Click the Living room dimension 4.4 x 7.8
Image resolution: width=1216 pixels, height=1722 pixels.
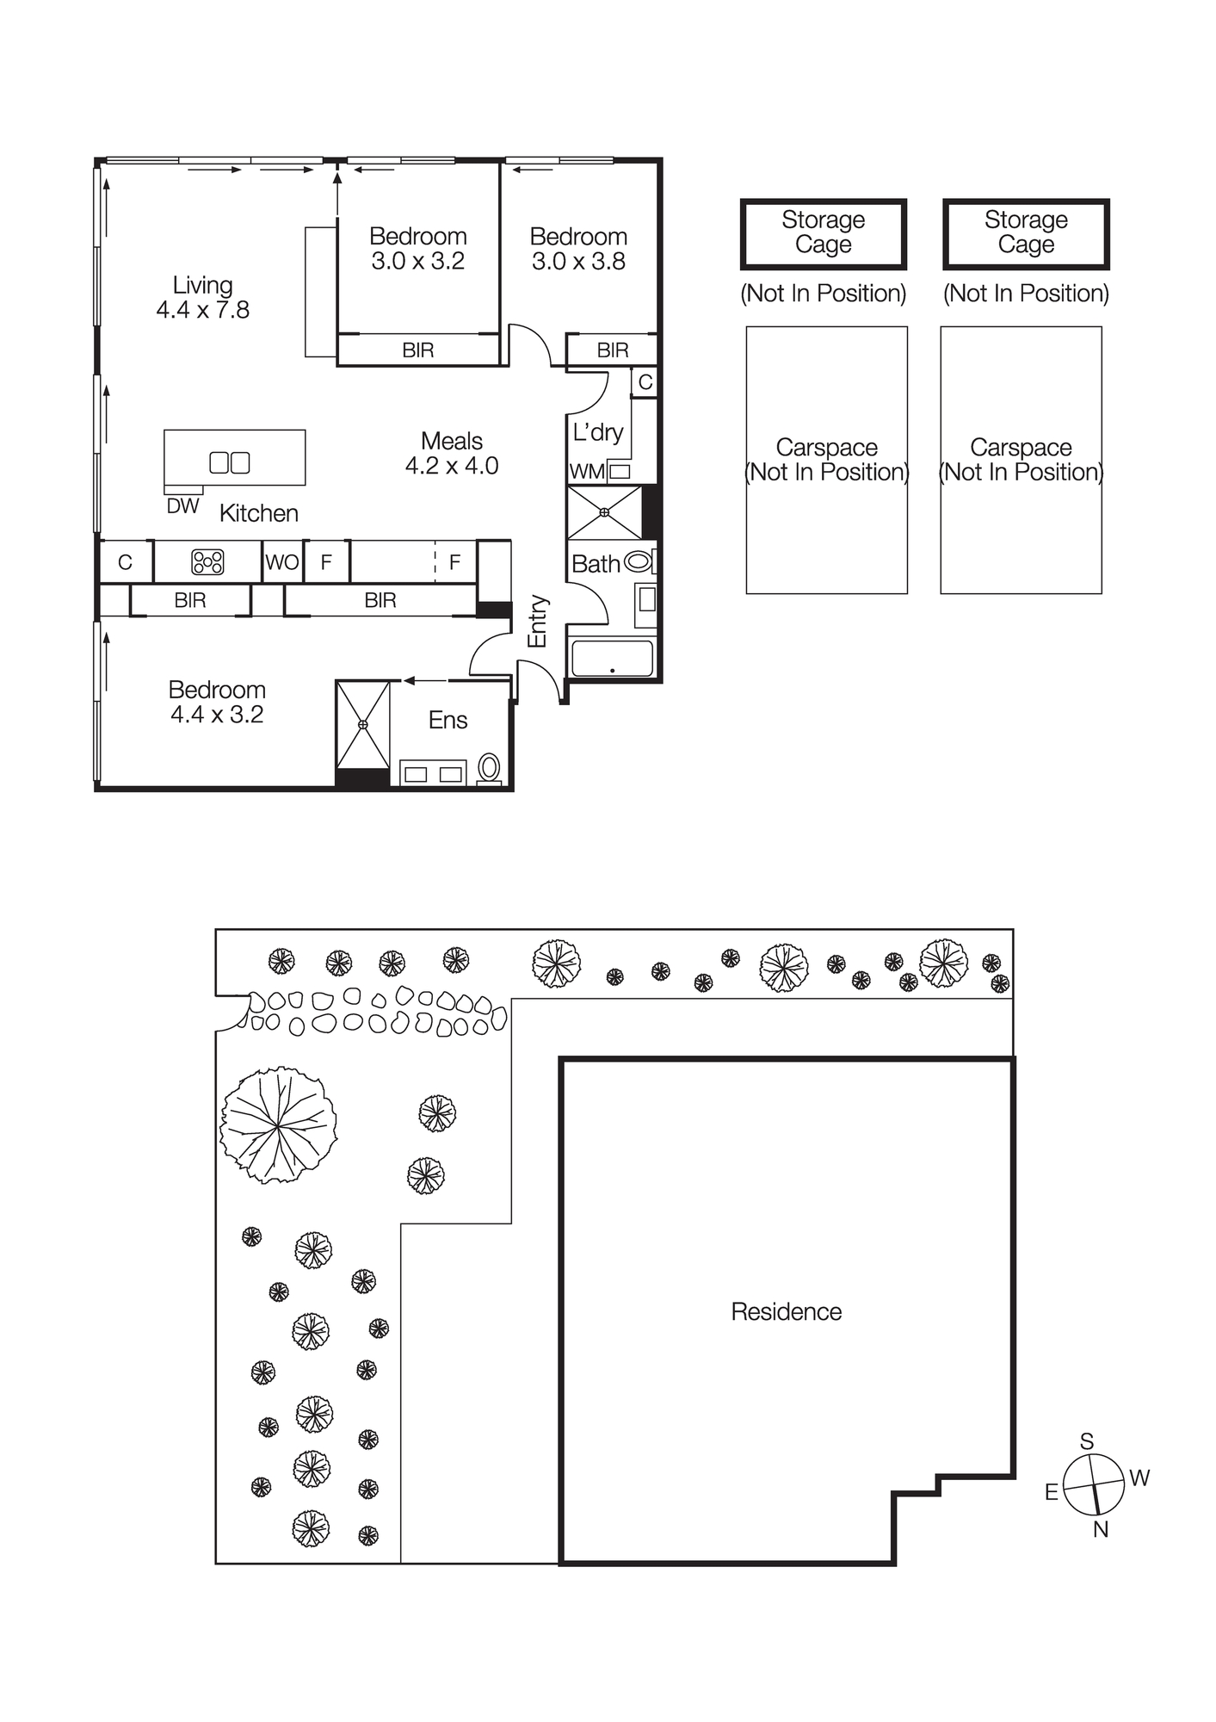coord(203,310)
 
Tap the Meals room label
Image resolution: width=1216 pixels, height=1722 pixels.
coord(451,441)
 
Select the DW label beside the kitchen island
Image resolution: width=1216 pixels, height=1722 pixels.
coord(182,506)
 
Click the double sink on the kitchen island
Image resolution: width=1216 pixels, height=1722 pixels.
coord(230,462)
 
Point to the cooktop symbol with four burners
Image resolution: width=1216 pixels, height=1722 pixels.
coord(207,562)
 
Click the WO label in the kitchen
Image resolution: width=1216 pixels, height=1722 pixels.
coord(282,562)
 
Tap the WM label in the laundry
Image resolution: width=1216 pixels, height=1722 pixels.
coord(587,472)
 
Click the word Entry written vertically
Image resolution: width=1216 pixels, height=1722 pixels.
coord(537,621)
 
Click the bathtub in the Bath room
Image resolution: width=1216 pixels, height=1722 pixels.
coord(612,659)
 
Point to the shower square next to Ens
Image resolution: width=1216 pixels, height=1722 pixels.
coord(362,724)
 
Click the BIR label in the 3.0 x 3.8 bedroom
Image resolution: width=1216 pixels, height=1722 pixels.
coord(613,350)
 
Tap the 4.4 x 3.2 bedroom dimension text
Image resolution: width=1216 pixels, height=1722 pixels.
coord(217,715)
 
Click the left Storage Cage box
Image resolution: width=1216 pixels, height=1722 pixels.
coord(823,233)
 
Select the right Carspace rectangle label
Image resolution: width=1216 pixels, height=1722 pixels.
coord(1021,460)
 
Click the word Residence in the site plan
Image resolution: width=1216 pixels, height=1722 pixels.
coord(786,1311)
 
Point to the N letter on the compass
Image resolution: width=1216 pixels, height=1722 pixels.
coord(1101,1529)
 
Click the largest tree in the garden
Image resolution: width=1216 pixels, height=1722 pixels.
coord(278,1124)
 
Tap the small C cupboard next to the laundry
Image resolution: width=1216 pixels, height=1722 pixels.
coord(645,381)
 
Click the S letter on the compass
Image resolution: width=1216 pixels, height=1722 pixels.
coord(1087,1441)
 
